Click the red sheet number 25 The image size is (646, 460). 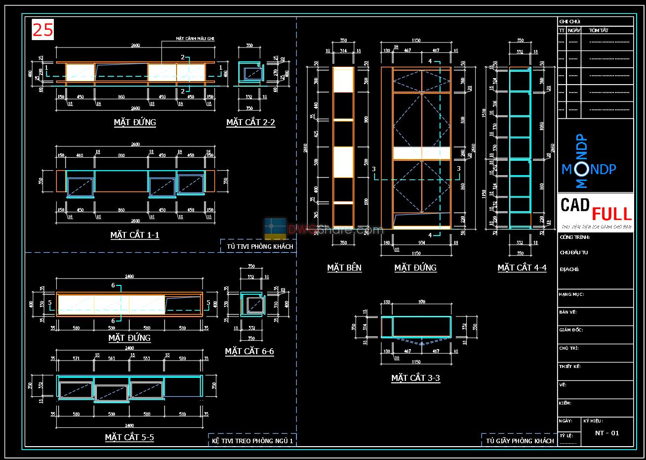pyautogui.click(x=42, y=30)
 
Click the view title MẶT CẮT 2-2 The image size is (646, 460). pyautogui.click(x=250, y=122)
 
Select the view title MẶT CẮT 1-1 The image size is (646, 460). pyautogui.click(x=134, y=235)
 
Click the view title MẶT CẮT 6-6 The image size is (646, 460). pyautogui.click(x=249, y=351)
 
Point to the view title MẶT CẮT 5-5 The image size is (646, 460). pyautogui.click(x=129, y=437)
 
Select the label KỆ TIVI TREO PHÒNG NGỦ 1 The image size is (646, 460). pyautogui.click(x=252, y=441)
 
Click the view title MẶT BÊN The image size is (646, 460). pyautogui.click(x=344, y=268)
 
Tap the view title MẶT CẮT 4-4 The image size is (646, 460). pyautogui.click(x=522, y=268)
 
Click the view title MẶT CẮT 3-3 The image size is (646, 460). pyautogui.click(x=415, y=378)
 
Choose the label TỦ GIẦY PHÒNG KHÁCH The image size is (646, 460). pyautogui.click(x=520, y=441)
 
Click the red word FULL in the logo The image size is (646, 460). pyautogui.click(x=611, y=214)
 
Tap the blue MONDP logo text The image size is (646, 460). pyautogui.click(x=589, y=169)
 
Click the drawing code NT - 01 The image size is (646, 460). pyautogui.click(x=607, y=433)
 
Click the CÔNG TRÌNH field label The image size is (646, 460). pyautogui.click(x=574, y=237)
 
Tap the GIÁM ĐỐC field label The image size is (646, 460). pyautogui.click(x=571, y=330)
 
